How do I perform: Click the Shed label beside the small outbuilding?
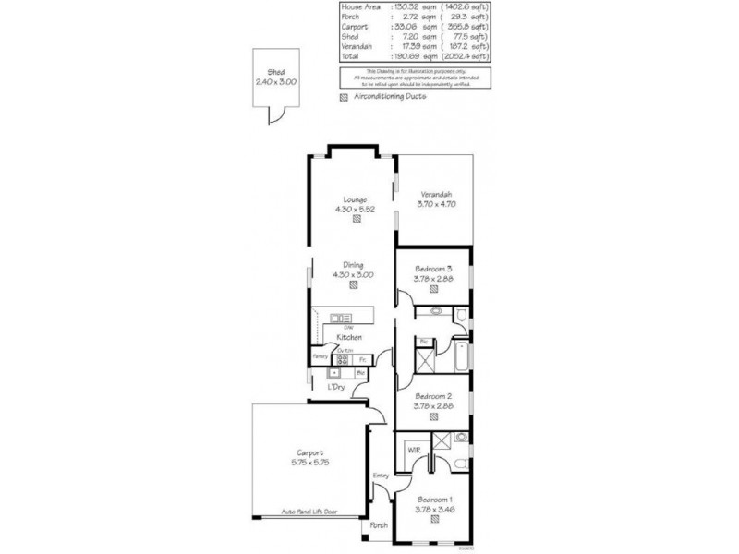(275, 72)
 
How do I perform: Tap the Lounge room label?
(355, 199)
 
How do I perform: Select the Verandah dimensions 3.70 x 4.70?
(435, 205)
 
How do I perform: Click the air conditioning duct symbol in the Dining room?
(355, 285)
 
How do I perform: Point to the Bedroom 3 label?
(434, 267)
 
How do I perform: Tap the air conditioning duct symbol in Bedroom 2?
(434, 416)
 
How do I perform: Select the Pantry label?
(321, 355)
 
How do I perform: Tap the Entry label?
(380, 476)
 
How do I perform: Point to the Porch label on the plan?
(379, 525)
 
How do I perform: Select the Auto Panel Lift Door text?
(309, 511)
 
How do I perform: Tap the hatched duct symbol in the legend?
(345, 96)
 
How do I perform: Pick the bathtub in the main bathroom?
(459, 355)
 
